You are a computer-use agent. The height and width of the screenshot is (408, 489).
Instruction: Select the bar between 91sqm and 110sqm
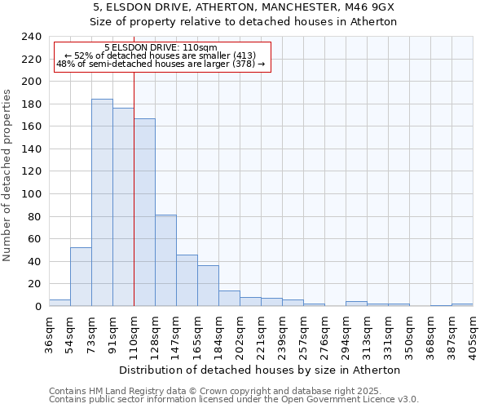pos(123,207)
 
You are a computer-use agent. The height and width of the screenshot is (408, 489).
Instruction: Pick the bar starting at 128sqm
pos(165,260)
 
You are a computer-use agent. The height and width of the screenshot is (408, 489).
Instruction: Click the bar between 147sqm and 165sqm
pos(187,281)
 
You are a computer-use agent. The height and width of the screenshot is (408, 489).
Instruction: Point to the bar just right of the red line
pos(144,212)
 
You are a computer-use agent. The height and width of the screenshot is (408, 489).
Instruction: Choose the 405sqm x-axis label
pos(473,332)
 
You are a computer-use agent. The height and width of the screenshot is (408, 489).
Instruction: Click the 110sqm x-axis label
pos(134,332)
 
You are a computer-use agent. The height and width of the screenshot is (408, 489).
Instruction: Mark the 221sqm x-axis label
pos(261,332)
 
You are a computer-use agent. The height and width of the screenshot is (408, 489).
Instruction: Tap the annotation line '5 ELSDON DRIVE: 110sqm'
pos(161,48)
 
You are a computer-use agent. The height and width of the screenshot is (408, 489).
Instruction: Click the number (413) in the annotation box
pos(243,55)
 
